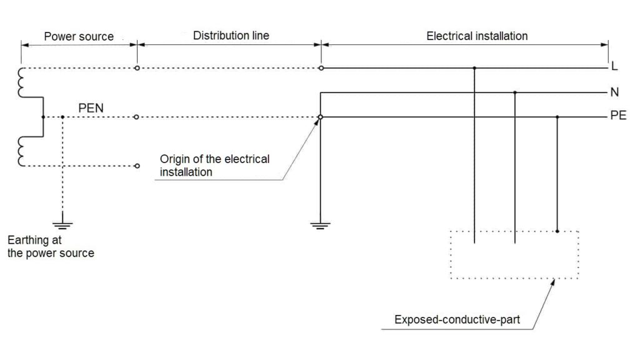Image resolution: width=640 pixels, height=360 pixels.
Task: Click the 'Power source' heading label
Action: pos(79,36)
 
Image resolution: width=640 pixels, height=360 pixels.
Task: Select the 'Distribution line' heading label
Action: pos(231,36)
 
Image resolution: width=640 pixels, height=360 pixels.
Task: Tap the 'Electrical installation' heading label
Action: pos(477,36)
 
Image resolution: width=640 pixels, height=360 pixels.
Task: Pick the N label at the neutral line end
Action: pos(614,92)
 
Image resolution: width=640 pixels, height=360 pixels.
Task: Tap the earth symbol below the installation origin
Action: pos(320,225)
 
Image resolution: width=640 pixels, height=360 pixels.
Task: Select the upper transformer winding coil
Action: pos(21,82)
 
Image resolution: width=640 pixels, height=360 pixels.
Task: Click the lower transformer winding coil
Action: pos(21,151)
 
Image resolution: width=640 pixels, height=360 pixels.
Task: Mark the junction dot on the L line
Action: pos(475,67)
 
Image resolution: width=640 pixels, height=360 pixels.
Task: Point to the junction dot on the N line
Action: pos(515,92)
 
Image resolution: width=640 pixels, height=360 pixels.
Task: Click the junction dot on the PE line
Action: pos(557,117)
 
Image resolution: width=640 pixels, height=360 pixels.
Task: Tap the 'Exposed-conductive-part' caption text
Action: pos(457,320)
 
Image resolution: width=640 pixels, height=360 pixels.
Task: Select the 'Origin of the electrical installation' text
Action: pos(214,165)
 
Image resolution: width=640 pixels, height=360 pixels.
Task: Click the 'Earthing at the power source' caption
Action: pos(50,246)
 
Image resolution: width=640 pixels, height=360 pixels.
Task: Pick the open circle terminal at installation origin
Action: pos(320,117)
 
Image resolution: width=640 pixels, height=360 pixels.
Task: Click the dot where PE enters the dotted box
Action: pos(557,231)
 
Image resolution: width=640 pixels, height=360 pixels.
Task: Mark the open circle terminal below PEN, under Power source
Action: pos(137,166)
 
